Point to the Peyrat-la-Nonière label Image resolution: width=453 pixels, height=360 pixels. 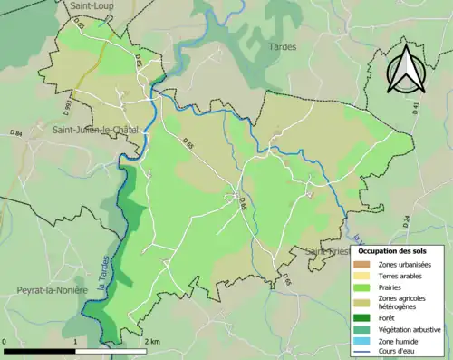(x=51, y=289)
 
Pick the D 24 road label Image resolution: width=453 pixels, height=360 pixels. (x=407, y=219)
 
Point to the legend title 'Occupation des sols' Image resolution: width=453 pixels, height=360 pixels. (x=392, y=249)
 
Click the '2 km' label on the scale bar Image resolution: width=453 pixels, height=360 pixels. (x=151, y=341)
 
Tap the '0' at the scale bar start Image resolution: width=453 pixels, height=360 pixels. (x=5, y=341)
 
